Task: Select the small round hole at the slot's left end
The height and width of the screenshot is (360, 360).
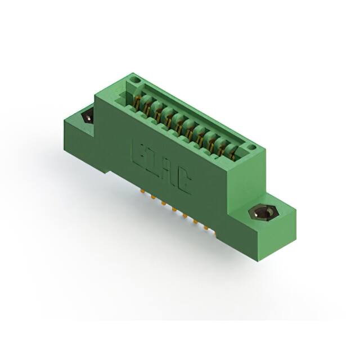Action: [x=133, y=83]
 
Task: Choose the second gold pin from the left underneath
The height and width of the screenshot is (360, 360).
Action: [x=152, y=197]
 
